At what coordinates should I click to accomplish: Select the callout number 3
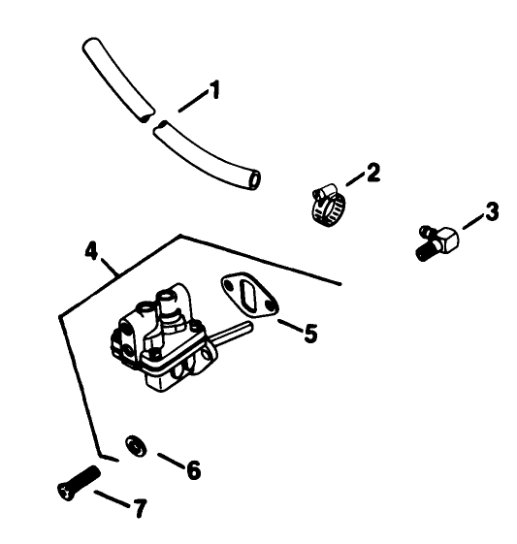pyautogui.click(x=492, y=211)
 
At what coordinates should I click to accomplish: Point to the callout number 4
pyautogui.click(x=91, y=250)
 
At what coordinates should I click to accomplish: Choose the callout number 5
pyautogui.click(x=309, y=334)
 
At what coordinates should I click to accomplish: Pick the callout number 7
pyautogui.click(x=139, y=508)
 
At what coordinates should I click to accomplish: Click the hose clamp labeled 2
pyautogui.click(x=327, y=202)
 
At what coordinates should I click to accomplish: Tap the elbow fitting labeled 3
pyautogui.click(x=437, y=240)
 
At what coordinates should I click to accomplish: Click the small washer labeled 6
pyautogui.click(x=137, y=447)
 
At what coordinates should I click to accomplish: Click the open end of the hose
pyautogui.click(x=253, y=179)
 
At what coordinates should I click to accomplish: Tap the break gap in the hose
pyautogui.click(x=150, y=119)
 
